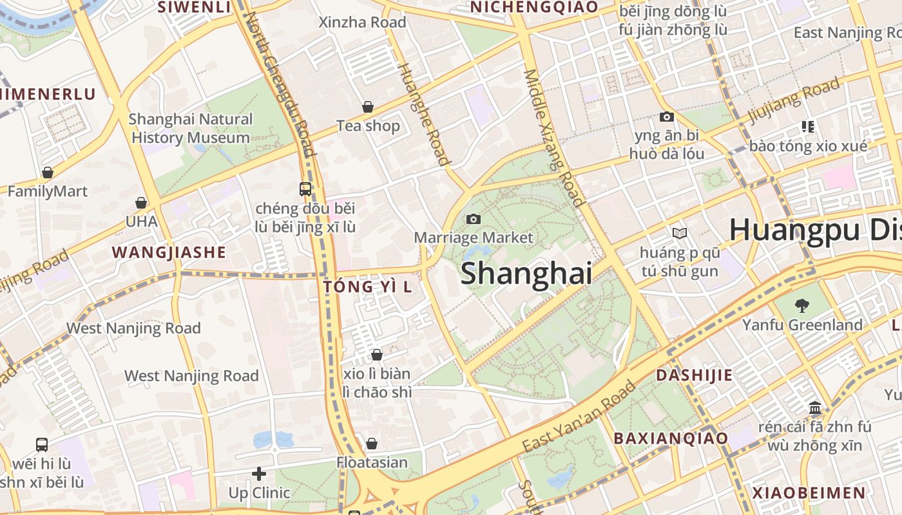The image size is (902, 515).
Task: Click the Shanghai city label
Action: (526, 273)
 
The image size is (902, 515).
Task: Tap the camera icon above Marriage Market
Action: (474, 219)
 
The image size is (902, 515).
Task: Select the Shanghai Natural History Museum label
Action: (191, 128)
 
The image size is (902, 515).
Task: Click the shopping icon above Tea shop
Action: (368, 106)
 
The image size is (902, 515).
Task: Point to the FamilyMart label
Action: (47, 191)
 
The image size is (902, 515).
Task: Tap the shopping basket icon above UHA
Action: (141, 203)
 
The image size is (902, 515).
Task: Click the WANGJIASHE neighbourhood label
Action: (169, 252)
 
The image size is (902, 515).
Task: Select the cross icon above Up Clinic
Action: (259, 474)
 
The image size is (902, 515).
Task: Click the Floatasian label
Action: (372, 462)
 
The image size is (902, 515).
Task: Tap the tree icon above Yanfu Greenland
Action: (802, 305)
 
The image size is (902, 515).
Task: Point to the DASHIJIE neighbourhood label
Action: (695, 375)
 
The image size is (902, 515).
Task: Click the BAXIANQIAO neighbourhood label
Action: (671, 438)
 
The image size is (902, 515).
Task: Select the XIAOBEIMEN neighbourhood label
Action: (810, 493)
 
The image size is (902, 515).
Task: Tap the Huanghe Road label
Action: (423, 114)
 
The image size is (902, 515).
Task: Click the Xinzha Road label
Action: (363, 23)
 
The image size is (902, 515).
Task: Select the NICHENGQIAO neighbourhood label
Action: (534, 6)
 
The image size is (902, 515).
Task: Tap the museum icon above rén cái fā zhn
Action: (815, 408)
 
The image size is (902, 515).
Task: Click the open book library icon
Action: (679, 233)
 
